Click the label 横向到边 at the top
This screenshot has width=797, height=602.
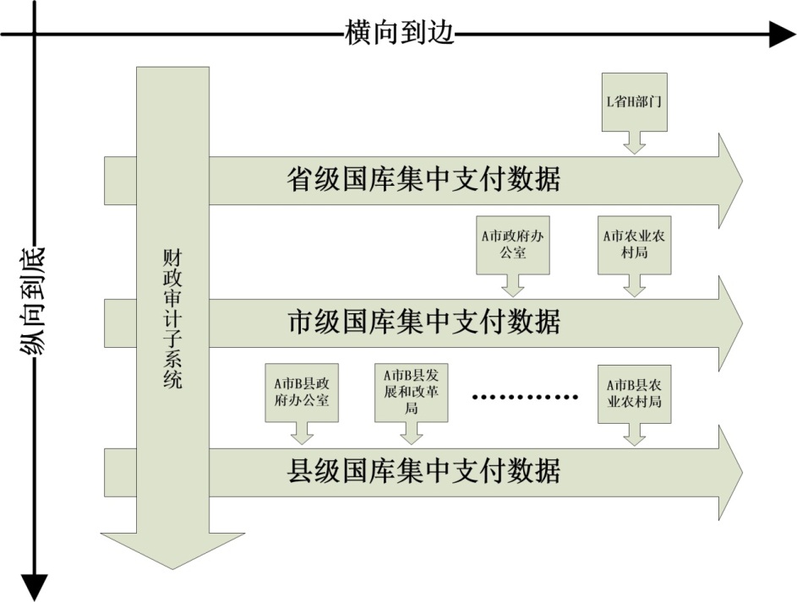[400, 33]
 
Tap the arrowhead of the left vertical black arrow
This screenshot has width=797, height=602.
[34, 586]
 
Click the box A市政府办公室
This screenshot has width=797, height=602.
[512, 245]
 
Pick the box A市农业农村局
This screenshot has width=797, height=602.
[634, 245]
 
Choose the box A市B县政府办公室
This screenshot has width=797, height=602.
[302, 393]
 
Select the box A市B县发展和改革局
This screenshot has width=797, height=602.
[412, 393]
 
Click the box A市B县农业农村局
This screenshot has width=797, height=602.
[634, 393]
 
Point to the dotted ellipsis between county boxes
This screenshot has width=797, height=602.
[524, 396]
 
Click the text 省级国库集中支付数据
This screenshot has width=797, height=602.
[423, 180]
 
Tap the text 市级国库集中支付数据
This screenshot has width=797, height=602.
[423, 322]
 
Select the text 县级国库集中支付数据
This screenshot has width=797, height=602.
[423, 469]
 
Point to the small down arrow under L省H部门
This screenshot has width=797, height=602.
[634, 144]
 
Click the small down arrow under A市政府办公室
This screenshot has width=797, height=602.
[512, 286]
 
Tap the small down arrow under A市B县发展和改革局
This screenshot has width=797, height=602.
[412, 434]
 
